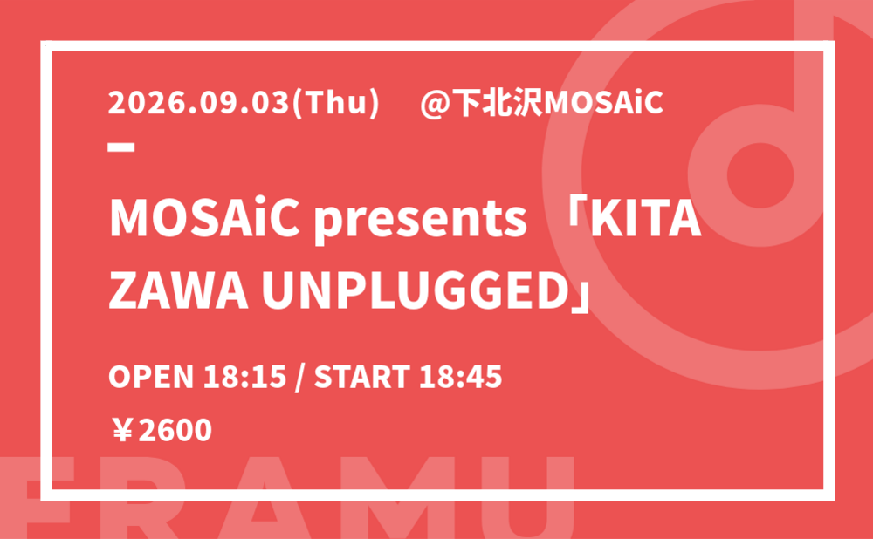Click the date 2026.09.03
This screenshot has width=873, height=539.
tap(200, 103)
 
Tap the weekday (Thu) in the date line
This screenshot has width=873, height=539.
tap(336, 104)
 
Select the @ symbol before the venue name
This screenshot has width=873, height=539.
tap(435, 104)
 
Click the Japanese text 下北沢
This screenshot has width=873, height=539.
tap(497, 103)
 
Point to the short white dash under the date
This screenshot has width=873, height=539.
tap(121, 147)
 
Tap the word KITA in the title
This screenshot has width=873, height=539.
tap(645, 219)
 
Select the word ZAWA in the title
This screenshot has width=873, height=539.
tap(178, 291)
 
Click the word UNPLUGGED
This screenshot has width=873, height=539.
tap(415, 291)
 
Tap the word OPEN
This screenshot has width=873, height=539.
tap(151, 377)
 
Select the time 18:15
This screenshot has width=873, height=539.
tap(245, 377)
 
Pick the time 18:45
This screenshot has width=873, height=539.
tap(460, 377)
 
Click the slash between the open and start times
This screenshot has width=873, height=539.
tap(300, 378)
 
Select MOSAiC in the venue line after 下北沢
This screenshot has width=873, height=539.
tap(603, 103)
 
